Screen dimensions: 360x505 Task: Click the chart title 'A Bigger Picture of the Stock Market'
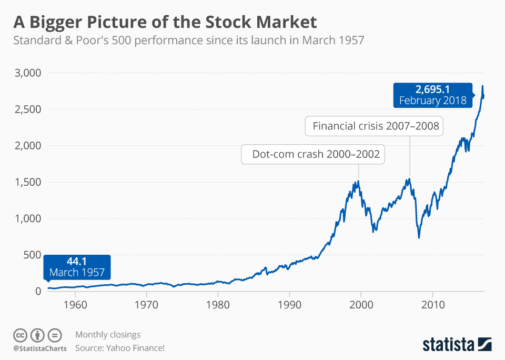coord(165,22)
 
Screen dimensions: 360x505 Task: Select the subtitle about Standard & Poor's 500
coord(188,41)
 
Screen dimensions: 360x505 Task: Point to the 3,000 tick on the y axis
coord(27,73)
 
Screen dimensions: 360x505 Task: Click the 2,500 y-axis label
coord(27,109)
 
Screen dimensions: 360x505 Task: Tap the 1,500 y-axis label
coord(27,182)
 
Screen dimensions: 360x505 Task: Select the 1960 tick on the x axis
coord(75,305)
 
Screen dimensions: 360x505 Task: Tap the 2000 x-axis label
coord(361,305)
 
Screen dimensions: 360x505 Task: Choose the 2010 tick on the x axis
coord(432,305)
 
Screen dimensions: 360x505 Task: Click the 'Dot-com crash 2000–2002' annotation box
coord(312,155)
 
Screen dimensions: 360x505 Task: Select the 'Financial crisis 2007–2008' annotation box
coord(375,126)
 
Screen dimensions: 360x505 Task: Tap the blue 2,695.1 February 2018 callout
coord(432,94)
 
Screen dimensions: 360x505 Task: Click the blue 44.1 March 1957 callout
coord(77,267)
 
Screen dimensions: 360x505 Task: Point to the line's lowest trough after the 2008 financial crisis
coord(419,237)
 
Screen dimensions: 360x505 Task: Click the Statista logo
coord(457,345)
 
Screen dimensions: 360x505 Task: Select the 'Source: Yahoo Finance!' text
coord(120,348)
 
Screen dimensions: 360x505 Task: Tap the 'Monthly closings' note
coord(108,335)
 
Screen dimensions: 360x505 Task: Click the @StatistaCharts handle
coord(40,348)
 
